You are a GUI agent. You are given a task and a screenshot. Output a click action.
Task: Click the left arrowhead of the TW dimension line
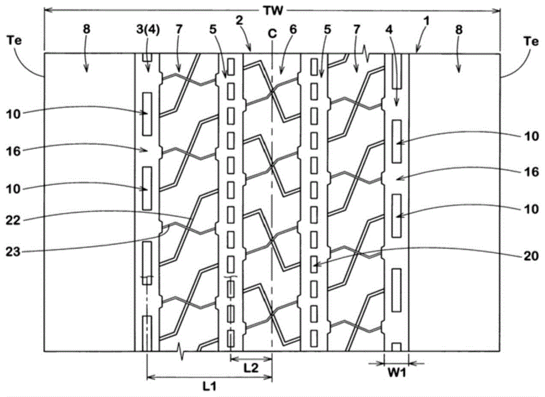click(x=46, y=10)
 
